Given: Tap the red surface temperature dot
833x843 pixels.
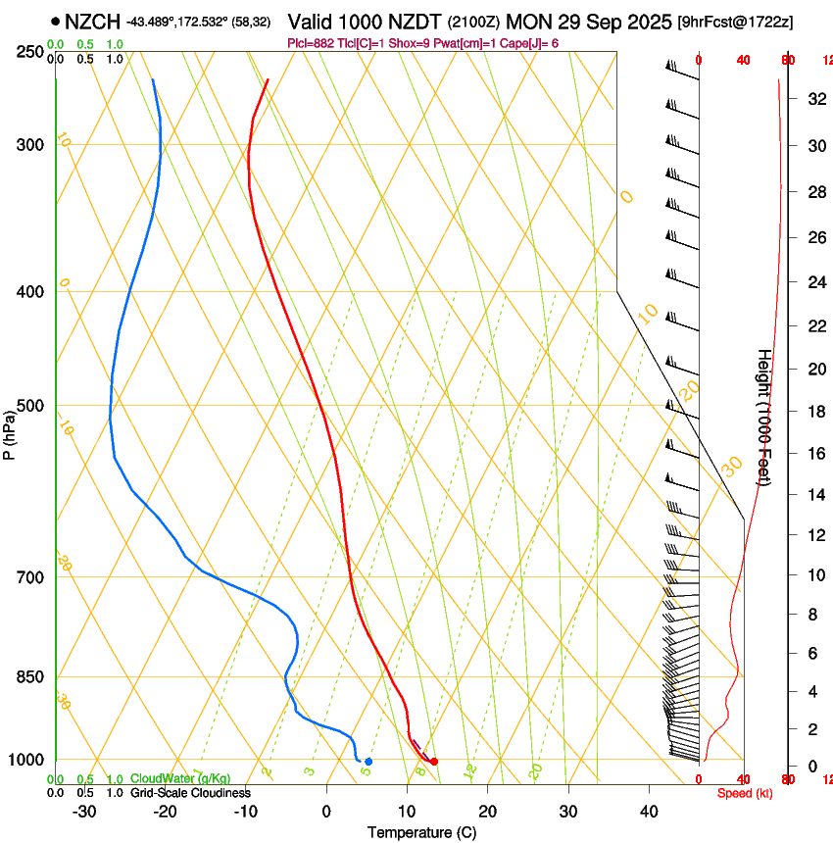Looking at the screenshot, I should tap(434, 761).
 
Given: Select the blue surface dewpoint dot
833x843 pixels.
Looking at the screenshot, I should tap(368, 761).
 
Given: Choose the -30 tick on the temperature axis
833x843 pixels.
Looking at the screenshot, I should tap(84, 812).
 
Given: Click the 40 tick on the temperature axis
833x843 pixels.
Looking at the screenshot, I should tap(648, 812).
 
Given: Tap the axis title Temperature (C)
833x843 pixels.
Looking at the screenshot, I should tap(421, 832).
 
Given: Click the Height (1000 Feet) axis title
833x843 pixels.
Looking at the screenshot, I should tap(764, 417).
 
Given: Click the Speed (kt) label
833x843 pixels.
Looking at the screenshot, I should tap(745, 793).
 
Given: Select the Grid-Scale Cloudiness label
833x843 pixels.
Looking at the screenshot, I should tap(190, 793).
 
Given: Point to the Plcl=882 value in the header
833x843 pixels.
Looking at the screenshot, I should tap(309, 43).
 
